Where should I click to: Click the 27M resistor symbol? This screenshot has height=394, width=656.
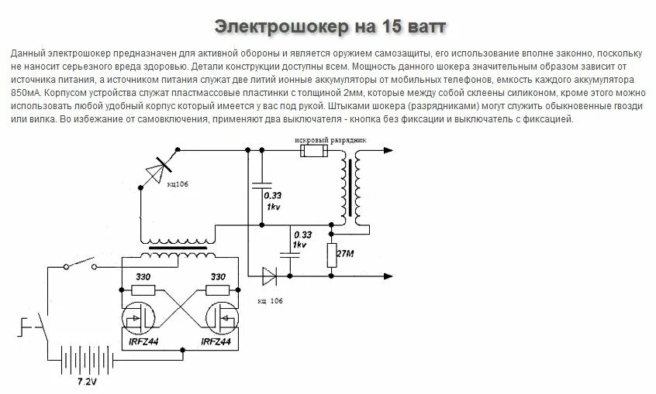(331, 255)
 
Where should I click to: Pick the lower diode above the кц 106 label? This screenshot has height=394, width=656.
(269, 274)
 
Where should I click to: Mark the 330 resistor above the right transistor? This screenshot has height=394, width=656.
(217, 290)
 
